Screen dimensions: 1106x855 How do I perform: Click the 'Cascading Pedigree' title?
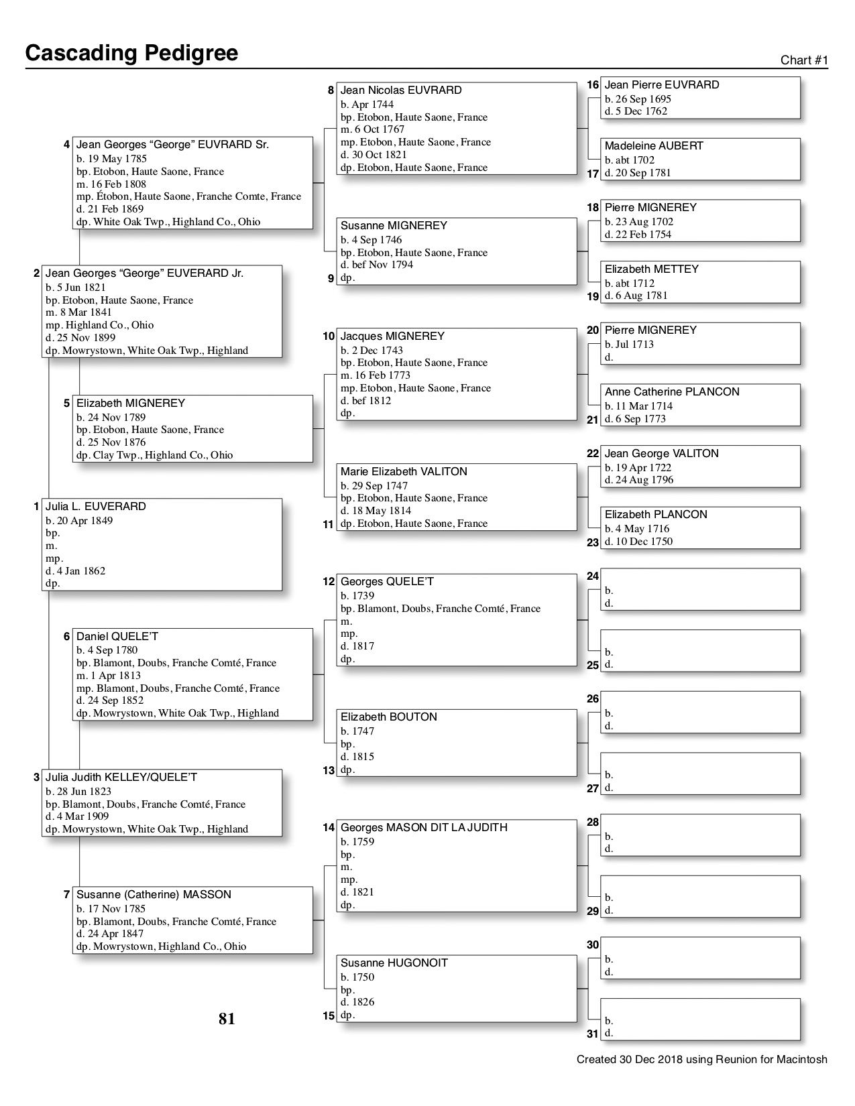click(131, 53)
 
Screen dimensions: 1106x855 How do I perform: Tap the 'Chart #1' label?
click(804, 60)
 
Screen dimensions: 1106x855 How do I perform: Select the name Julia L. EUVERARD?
click(95, 507)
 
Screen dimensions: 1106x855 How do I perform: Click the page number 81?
click(227, 1019)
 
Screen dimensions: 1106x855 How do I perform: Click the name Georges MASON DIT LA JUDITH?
click(424, 828)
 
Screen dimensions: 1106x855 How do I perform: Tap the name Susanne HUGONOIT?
click(394, 963)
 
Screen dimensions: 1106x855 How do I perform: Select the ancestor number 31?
click(592, 1034)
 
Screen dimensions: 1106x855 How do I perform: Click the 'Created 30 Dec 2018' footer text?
click(701, 1060)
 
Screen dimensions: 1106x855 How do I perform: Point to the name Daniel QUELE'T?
click(117, 637)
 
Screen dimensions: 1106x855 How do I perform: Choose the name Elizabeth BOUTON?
click(388, 717)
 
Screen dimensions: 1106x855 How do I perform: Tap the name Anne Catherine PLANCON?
click(671, 392)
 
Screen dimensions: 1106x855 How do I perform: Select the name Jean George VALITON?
click(661, 454)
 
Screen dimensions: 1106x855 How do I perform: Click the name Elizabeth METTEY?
click(651, 269)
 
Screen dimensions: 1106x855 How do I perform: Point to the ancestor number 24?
click(592, 576)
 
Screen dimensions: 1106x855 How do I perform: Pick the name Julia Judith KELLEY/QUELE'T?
click(121, 778)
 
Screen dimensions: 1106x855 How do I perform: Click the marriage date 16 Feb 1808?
click(111, 184)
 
